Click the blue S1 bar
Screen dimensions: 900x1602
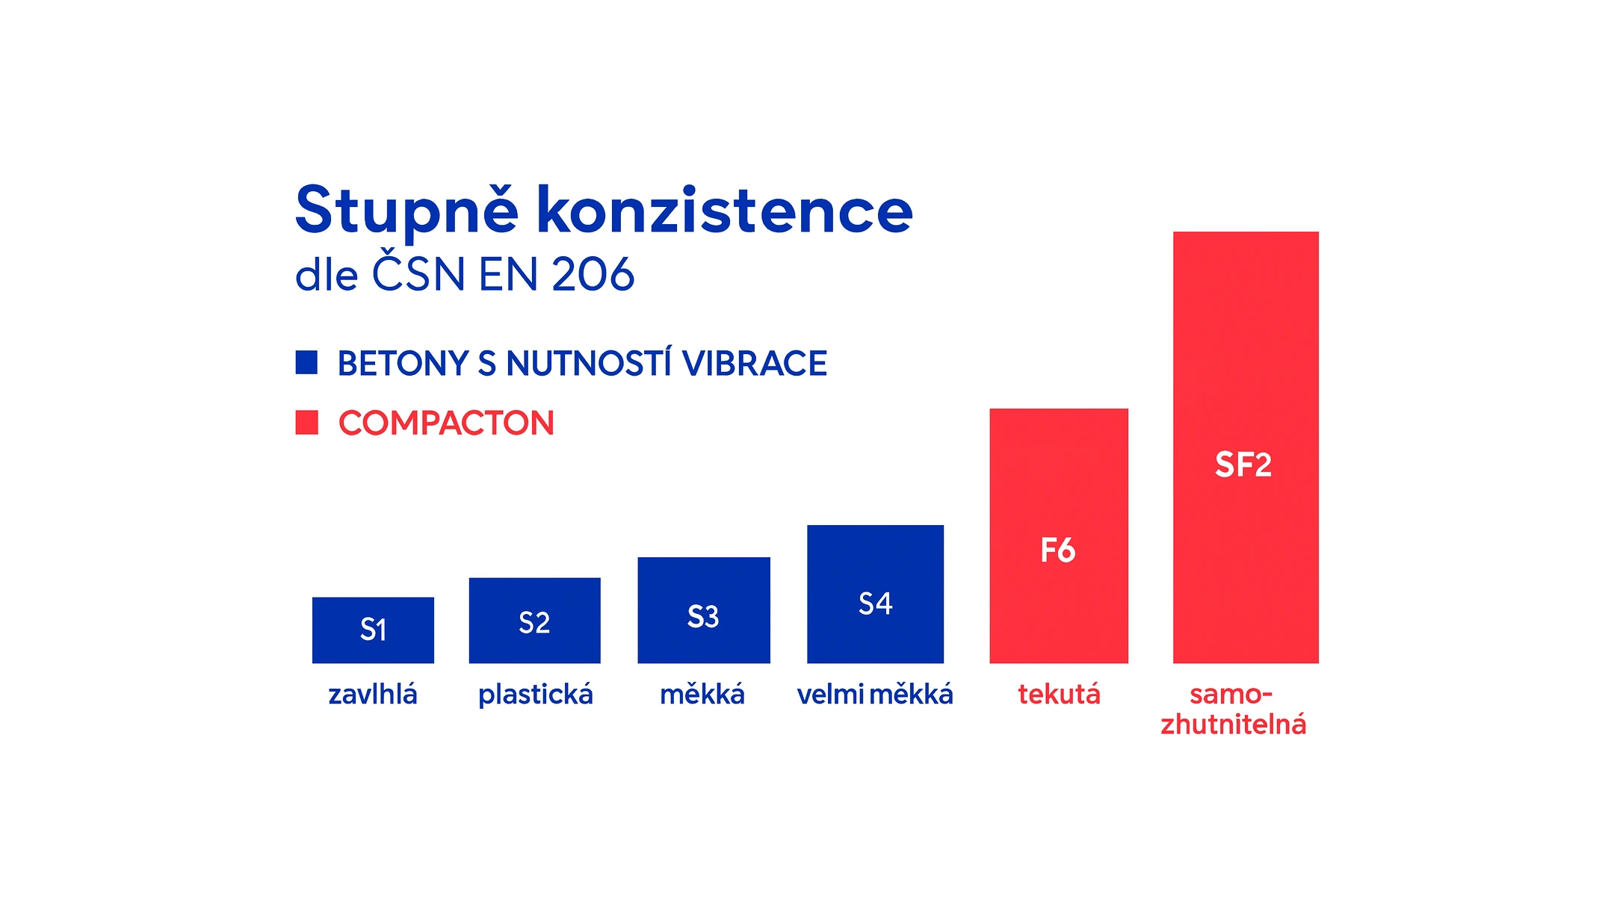[x=373, y=630]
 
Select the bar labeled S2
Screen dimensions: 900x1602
[x=534, y=620]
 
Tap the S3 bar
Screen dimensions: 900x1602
[x=703, y=609]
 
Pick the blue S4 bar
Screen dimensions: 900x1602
[x=875, y=594]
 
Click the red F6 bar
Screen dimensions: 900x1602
[x=1058, y=536]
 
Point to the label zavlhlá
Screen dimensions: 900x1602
[x=373, y=695]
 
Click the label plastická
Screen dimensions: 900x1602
[x=535, y=695]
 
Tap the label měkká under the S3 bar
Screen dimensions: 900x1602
[x=702, y=695]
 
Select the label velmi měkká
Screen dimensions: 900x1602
[x=875, y=695]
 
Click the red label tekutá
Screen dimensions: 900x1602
[x=1059, y=695]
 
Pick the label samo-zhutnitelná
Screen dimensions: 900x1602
[x=1233, y=710]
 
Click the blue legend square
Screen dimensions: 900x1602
[x=306, y=362]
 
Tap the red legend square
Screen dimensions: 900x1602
[x=306, y=422]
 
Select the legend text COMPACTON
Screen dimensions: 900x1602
[x=446, y=423]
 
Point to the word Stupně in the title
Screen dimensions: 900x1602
[x=406, y=211]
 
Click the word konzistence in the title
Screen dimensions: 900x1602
[x=724, y=211]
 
